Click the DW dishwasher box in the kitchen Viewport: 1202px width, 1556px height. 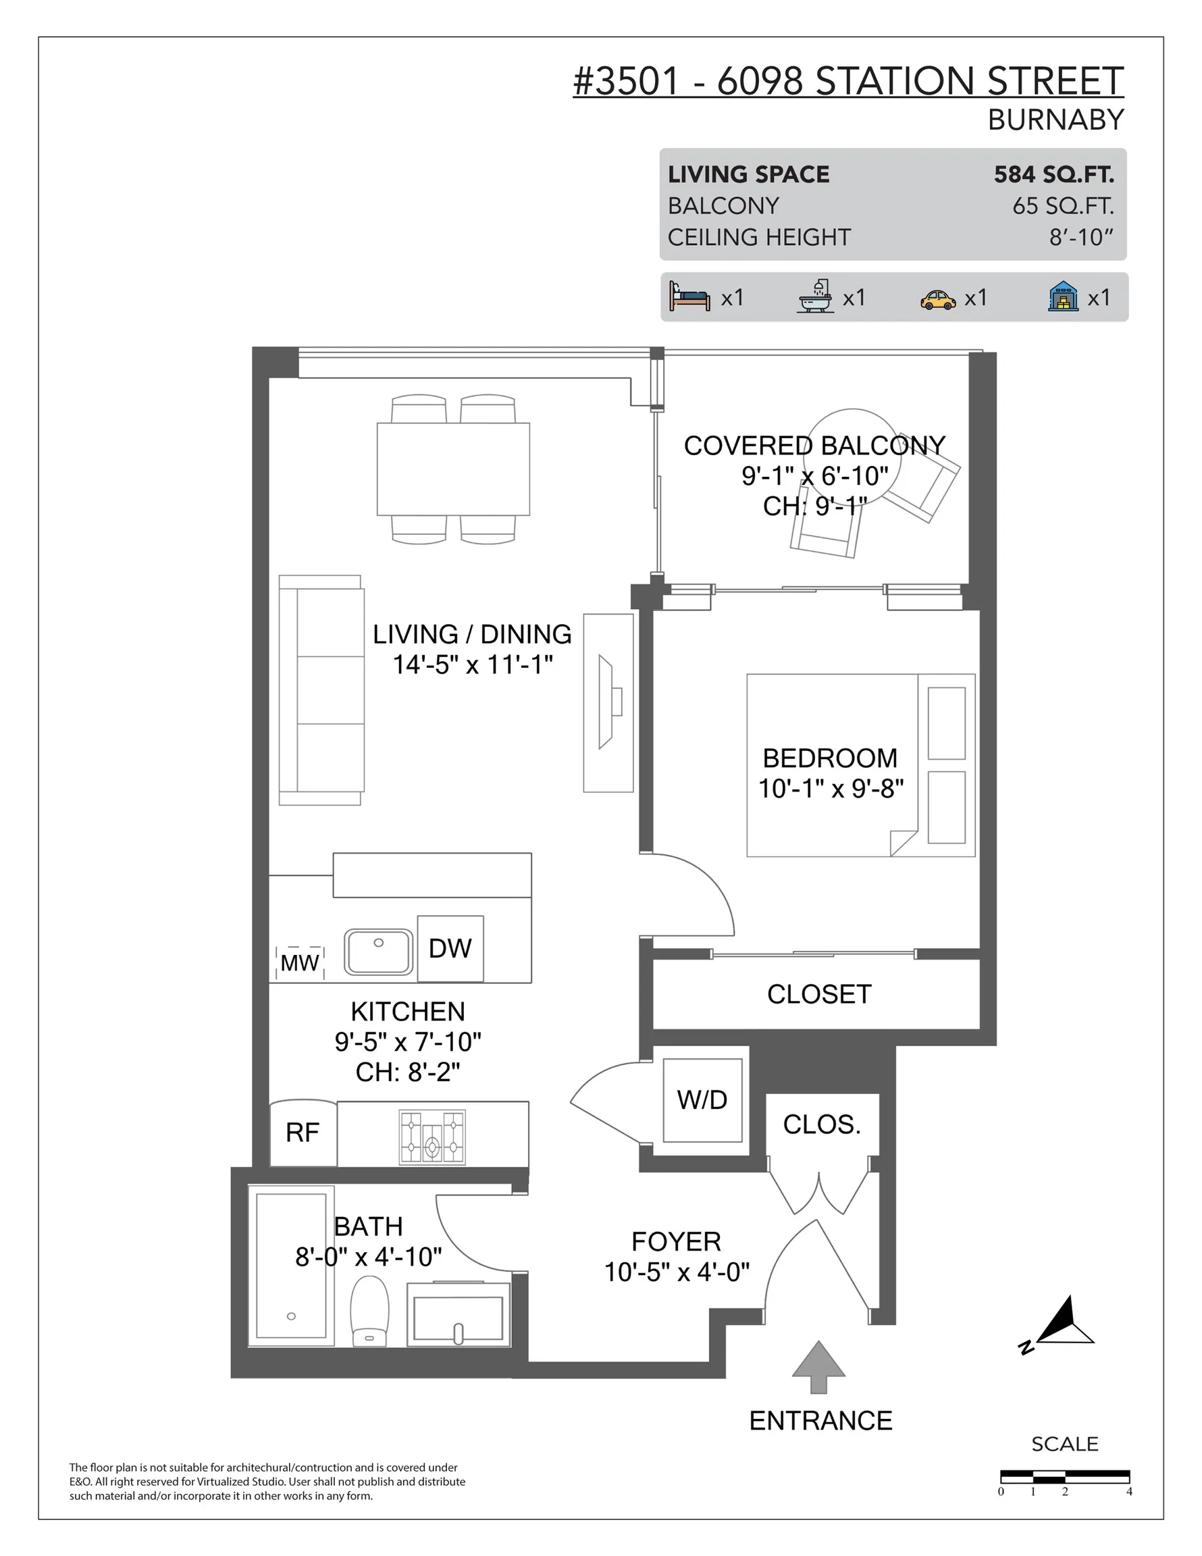pos(450,948)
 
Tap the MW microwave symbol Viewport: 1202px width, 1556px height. pos(299,962)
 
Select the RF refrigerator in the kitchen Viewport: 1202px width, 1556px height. pos(302,1132)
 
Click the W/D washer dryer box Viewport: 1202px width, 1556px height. pos(702,1100)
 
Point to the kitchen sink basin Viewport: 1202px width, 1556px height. pos(378,951)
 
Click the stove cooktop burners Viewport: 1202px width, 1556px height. pos(432,1137)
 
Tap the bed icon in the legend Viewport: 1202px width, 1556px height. pos(689,296)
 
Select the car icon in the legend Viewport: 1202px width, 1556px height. pos(938,299)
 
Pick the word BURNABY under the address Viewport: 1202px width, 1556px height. pos(1055,120)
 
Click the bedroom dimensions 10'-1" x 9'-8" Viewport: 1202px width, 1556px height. pos(830,789)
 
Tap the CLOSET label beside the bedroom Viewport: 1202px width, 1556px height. pos(818,994)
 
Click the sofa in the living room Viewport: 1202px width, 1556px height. pos(321,690)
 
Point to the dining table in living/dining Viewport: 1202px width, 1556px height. pos(452,469)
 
